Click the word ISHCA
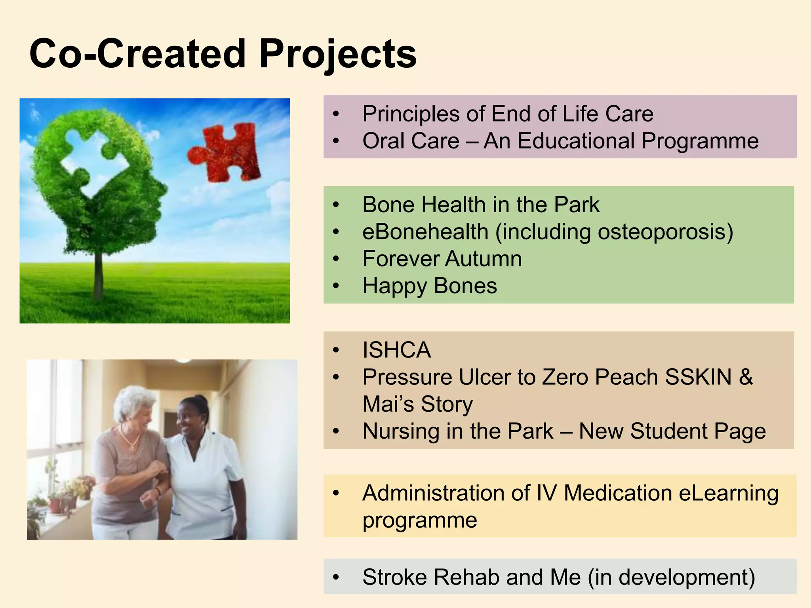pos(396,350)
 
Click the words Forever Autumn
pos(442,259)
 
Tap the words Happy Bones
pos(430,286)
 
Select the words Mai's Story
pos(418,405)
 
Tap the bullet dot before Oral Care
pos(336,141)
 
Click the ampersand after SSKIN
pos(746,377)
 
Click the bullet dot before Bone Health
pos(336,205)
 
